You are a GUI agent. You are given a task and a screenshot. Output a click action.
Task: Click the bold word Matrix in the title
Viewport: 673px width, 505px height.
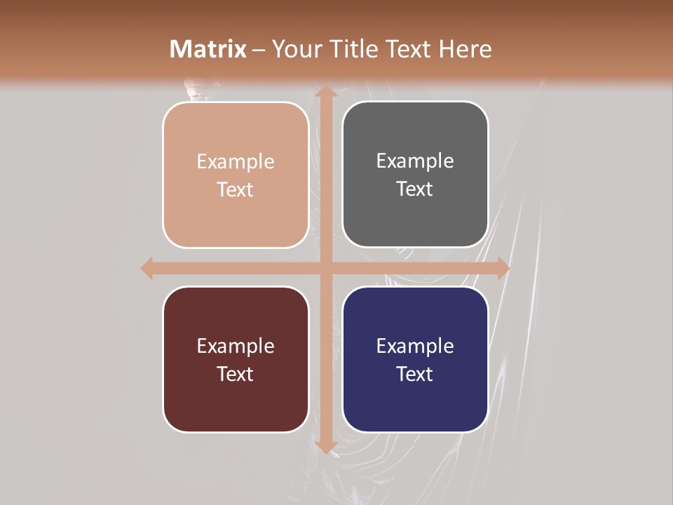coord(208,49)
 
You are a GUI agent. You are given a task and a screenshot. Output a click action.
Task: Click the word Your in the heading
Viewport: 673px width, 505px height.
coord(296,49)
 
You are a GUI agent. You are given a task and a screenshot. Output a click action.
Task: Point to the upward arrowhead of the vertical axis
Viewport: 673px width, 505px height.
coord(325,93)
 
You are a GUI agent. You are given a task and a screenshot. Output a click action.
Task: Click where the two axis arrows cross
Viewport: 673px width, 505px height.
coord(325,269)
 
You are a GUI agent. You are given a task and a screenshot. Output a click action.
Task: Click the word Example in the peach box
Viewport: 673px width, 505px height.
coord(236,162)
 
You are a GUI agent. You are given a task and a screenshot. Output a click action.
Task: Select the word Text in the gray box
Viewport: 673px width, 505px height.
coord(415,189)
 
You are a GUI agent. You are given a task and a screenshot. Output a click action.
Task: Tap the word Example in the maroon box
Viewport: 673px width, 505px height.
coord(236,346)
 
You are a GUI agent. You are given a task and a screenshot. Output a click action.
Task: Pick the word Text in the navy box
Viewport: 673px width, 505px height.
coord(415,374)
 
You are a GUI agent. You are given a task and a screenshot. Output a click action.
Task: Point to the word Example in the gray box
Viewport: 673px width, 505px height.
coord(415,161)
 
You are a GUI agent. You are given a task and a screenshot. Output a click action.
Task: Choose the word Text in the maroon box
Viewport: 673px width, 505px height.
coord(236,374)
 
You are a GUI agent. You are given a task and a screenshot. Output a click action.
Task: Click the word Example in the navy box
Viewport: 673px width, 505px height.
coord(415,346)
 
